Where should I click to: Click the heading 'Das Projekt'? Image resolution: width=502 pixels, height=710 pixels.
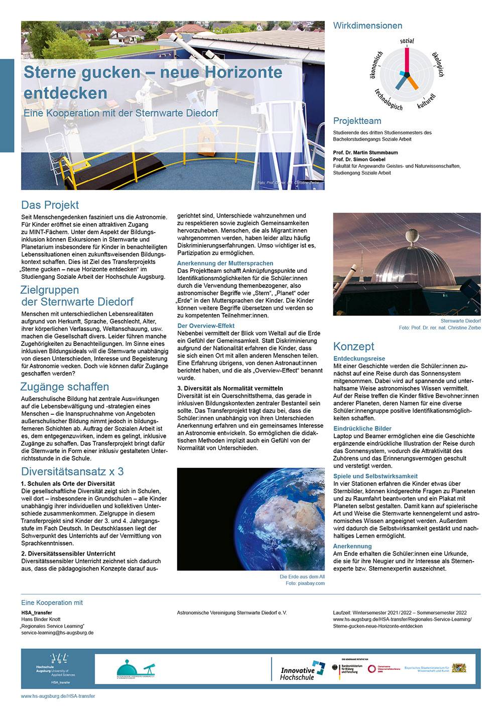[x=50, y=205]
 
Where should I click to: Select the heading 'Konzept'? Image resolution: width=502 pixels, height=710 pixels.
[x=353, y=346]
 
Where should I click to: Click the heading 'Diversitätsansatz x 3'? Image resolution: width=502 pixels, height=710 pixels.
[x=72, y=472]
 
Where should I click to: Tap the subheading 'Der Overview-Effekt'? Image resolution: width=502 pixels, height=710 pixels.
[x=206, y=326]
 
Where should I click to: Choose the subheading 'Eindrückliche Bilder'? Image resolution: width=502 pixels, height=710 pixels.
[x=362, y=429]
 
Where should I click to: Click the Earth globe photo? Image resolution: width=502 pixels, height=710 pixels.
[x=251, y=519]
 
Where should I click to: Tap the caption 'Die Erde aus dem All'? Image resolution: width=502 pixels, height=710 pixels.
[x=302, y=577]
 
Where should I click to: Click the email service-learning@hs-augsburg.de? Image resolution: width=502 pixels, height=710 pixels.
[x=57, y=633]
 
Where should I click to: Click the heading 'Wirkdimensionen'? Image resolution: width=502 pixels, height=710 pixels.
[x=367, y=26]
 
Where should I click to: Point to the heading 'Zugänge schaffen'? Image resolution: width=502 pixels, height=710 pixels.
[x=64, y=387]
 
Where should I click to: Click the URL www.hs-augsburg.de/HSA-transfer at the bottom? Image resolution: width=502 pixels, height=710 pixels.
[x=58, y=696]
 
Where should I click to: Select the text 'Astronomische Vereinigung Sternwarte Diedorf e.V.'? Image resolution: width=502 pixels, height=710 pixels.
[x=232, y=613]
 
